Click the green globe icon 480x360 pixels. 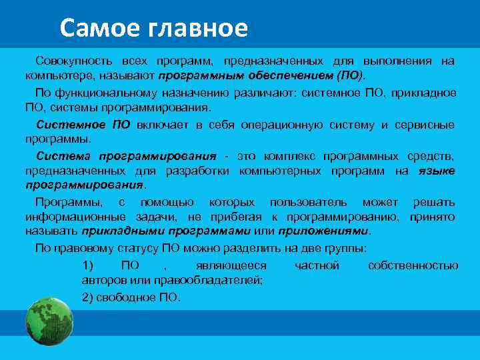pyautogui.click(x=49, y=321)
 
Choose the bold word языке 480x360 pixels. pyautogui.click(x=437, y=171)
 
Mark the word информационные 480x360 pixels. pyautogui.click(x=70, y=217)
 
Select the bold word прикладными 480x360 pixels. pyautogui.click(x=119, y=231)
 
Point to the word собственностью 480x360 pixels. pyautogui.click(x=413, y=266)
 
